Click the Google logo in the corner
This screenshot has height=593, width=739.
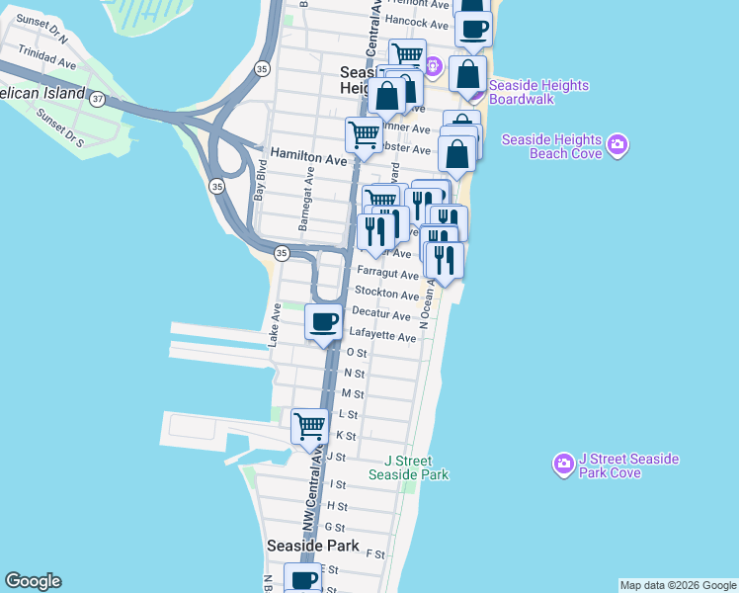coord(33,581)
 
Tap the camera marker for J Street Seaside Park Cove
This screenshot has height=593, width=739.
coord(563,464)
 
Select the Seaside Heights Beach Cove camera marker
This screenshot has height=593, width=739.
coord(617,144)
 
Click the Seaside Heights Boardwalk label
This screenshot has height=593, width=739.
coord(539,93)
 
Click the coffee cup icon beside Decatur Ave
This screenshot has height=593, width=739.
coord(323,321)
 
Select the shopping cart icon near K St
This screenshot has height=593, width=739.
coord(310,426)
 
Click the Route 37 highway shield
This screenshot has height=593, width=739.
coord(97,99)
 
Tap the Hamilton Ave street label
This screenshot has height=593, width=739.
coord(308,159)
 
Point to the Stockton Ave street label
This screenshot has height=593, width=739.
coord(386,295)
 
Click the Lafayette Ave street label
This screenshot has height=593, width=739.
coord(382,337)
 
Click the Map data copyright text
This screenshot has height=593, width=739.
coord(677,585)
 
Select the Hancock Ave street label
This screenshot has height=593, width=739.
coord(418,22)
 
